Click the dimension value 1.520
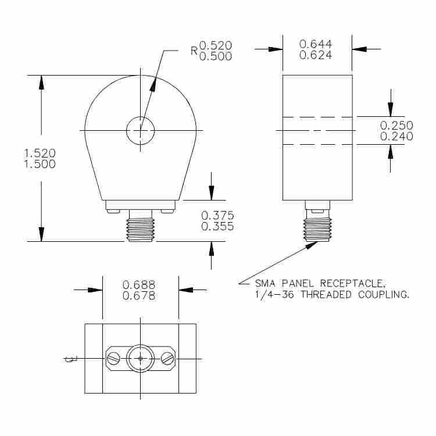(x=40, y=153)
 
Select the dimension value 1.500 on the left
(x=40, y=165)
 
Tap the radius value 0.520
(x=216, y=45)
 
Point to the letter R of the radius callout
(x=195, y=51)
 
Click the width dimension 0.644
(x=316, y=44)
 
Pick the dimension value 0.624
(x=316, y=56)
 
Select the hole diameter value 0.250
(x=396, y=125)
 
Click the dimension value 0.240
(x=396, y=137)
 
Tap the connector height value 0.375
(x=217, y=215)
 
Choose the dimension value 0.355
(x=217, y=227)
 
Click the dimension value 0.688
(x=139, y=284)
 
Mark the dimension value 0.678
(x=139, y=296)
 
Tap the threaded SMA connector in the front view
(x=140, y=227)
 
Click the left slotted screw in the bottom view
(x=114, y=359)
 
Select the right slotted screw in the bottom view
(x=167, y=359)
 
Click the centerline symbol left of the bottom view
(x=71, y=359)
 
